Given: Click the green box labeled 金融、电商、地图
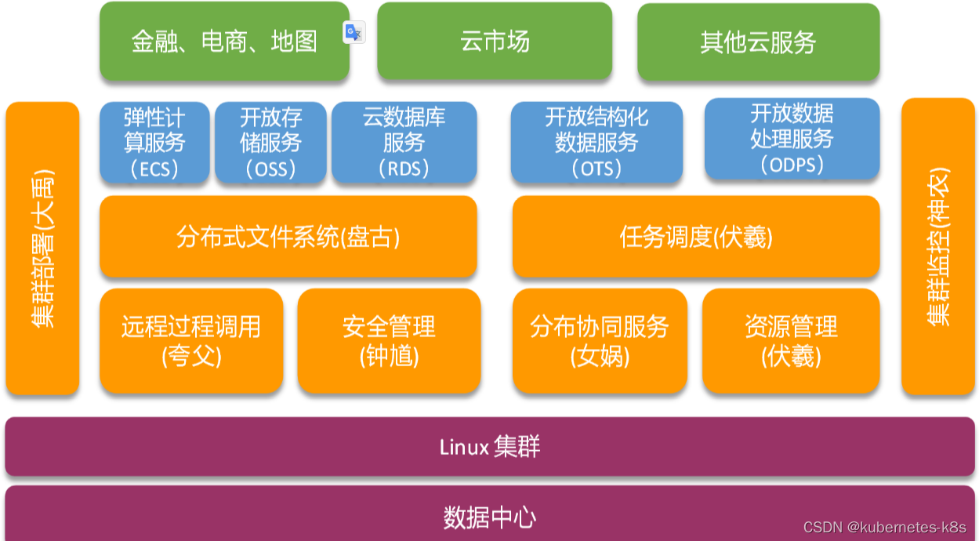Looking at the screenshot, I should click(224, 42).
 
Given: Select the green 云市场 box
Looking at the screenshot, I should click(495, 42).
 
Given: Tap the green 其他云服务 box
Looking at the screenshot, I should click(758, 42).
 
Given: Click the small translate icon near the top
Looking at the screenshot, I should click(354, 32).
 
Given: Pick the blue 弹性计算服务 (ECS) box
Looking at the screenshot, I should click(154, 142).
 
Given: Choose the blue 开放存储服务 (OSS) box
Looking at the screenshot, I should click(270, 142).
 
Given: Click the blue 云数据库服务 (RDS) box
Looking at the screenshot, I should click(404, 142).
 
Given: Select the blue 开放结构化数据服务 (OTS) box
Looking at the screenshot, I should click(596, 142).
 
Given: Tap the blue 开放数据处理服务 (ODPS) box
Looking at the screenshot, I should click(792, 139).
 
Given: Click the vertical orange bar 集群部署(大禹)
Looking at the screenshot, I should click(42, 248).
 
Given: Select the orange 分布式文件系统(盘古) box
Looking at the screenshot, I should click(288, 237).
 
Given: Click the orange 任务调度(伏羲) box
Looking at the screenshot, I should click(696, 237).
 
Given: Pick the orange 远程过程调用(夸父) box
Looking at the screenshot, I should click(191, 341).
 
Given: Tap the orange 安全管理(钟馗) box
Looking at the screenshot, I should click(389, 341).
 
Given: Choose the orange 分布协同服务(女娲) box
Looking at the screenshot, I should click(600, 341).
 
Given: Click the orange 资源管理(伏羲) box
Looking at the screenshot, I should click(791, 341).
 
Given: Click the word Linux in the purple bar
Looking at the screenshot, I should click(464, 448).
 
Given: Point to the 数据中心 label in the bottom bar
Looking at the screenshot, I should click(490, 517).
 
